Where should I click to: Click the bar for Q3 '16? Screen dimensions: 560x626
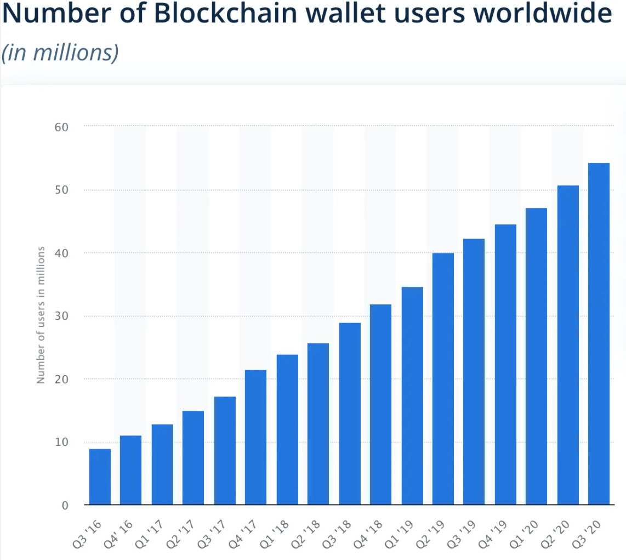coord(100,477)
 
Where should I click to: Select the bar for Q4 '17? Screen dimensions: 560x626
coord(255,437)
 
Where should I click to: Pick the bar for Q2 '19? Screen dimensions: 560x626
coord(443,378)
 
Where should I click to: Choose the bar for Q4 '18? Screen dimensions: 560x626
coord(380,404)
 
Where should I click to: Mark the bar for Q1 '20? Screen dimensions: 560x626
coord(536,356)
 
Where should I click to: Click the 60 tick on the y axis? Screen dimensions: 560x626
coord(61,127)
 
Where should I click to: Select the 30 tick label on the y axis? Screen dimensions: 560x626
coord(61,316)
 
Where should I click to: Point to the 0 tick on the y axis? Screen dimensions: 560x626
coord(64,505)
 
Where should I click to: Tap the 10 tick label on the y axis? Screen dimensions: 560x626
coord(61,442)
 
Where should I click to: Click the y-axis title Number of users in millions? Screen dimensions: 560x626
coord(41,315)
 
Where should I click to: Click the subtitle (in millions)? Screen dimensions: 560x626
coord(60,53)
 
